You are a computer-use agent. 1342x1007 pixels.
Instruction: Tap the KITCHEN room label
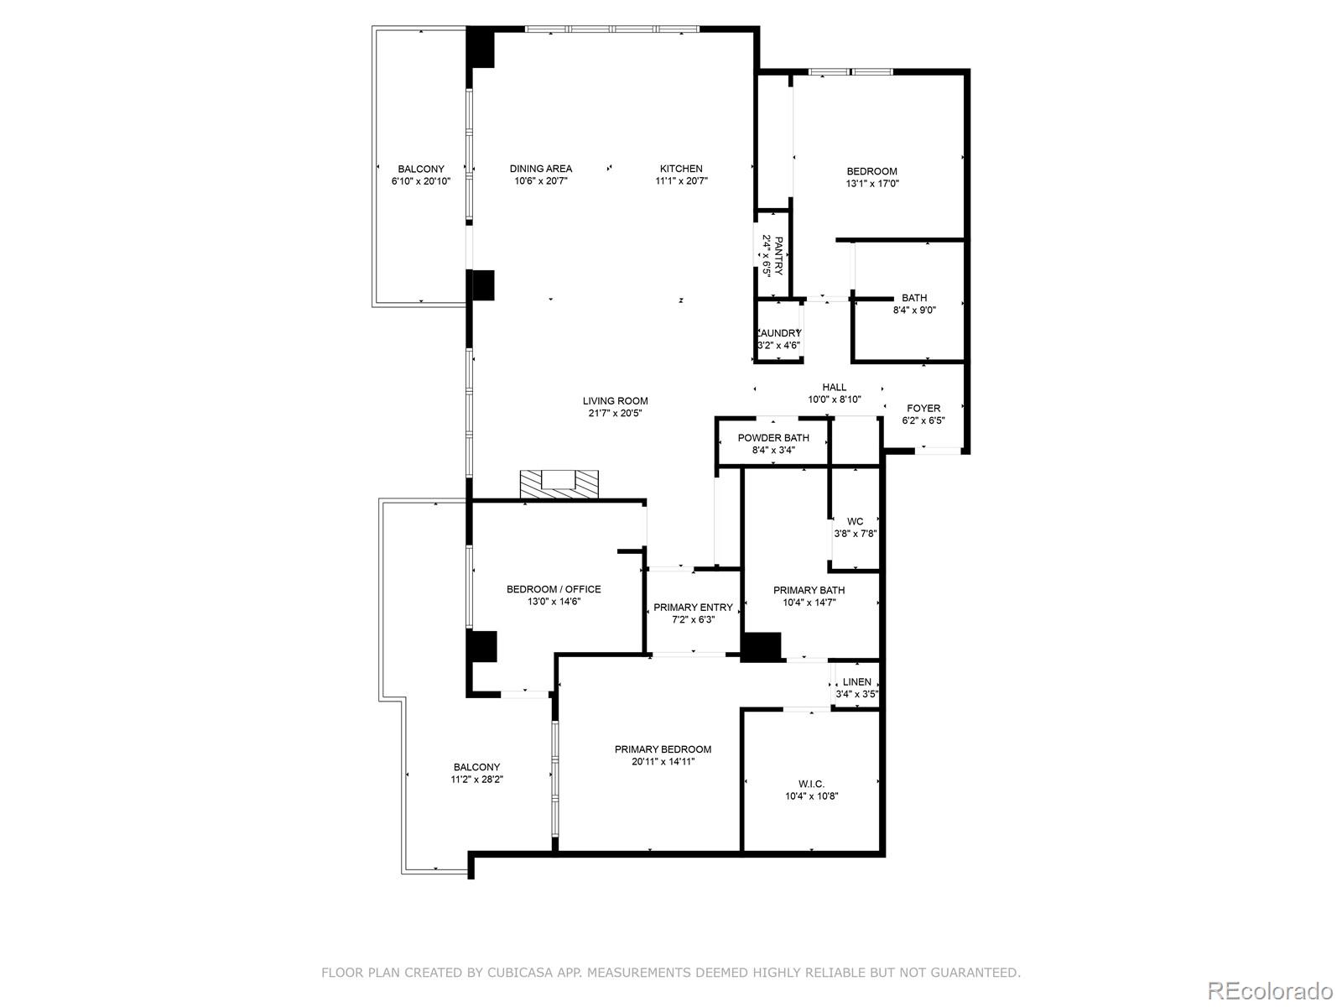tap(681, 169)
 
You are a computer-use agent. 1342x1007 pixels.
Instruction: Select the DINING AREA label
tap(541, 169)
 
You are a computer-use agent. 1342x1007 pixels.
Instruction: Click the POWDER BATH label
tap(773, 438)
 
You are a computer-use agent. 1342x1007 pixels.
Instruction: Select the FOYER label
tap(923, 409)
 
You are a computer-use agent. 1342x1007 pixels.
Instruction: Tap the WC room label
tap(855, 521)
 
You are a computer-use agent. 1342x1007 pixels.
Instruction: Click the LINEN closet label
tap(856, 682)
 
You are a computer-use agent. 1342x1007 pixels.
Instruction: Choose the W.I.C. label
tap(811, 784)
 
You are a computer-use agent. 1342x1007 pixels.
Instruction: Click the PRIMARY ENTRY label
tap(693, 608)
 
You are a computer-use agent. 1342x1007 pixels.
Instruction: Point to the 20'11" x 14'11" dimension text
tap(663, 762)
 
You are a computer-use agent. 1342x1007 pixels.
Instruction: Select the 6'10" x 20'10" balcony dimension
tap(421, 181)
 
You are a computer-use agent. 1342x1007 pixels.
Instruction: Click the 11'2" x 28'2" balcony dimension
tap(476, 780)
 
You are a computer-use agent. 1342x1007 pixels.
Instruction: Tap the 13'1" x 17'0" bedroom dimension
tap(872, 184)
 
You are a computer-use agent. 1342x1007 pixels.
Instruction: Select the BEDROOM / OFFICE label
tap(554, 589)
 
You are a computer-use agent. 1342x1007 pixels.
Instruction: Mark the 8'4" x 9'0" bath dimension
tap(914, 310)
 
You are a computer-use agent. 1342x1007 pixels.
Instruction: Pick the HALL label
tap(834, 387)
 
